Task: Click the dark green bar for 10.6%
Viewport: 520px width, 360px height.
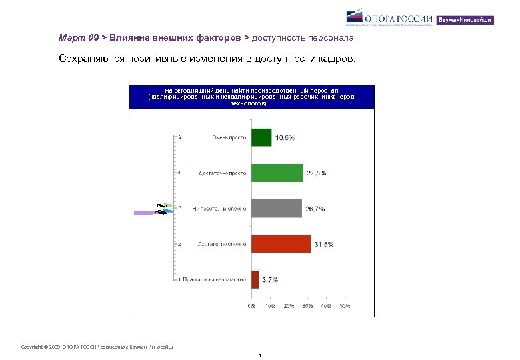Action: [261, 137]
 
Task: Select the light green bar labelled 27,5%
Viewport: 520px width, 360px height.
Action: [277, 173]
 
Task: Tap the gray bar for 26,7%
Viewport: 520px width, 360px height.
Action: [276, 209]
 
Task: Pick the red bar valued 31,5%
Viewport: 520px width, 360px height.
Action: [281, 244]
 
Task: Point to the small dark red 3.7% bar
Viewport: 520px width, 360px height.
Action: [255, 279]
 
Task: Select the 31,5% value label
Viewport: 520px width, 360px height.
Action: [323, 245]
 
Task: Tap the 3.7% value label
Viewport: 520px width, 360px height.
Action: [270, 280]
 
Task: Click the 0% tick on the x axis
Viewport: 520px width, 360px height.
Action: [251, 306]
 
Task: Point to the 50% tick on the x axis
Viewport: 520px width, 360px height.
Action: [345, 306]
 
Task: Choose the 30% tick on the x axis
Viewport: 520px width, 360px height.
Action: [307, 306]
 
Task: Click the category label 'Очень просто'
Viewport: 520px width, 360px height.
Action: [229, 137]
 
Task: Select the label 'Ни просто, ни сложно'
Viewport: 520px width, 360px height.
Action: [219, 209]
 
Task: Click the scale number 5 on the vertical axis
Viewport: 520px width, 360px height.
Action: [179, 137]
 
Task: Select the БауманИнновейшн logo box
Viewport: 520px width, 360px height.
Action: [465, 20]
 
